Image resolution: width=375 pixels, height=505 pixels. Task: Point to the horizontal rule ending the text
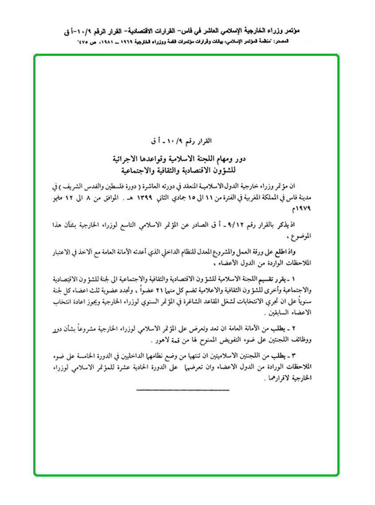183,390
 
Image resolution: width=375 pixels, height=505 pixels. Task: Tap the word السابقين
281,313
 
